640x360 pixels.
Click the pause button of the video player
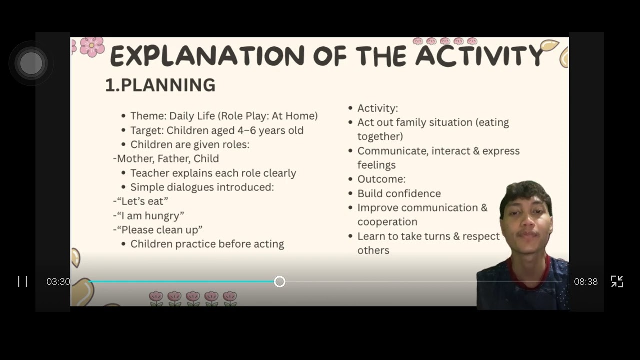click(x=23, y=281)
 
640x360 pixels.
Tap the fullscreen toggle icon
click(x=617, y=281)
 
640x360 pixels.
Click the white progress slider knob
click(x=280, y=282)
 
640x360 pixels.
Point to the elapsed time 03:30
click(x=58, y=282)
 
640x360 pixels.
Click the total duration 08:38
click(x=585, y=282)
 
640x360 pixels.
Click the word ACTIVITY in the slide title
click(x=479, y=56)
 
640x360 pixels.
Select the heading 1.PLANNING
click(x=160, y=85)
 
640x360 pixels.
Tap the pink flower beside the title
click(x=92, y=47)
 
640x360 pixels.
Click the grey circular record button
click(x=31, y=63)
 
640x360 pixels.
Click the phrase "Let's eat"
click(x=142, y=201)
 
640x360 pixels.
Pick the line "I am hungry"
click(x=150, y=216)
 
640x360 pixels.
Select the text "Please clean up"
click(x=159, y=230)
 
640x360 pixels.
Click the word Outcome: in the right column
click(x=381, y=179)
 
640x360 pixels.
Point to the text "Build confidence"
click(x=399, y=193)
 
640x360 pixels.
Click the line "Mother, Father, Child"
click(x=167, y=159)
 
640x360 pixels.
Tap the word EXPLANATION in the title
click(x=207, y=56)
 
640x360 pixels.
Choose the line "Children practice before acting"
click(x=207, y=244)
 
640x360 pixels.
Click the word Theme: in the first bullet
click(x=148, y=116)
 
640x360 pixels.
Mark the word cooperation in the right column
click(x=387, y=222)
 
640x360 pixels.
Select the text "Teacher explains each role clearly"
click(x=213, y=173)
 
